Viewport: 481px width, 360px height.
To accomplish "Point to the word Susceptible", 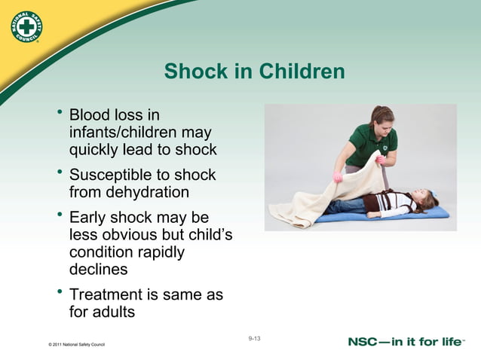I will point(111,175).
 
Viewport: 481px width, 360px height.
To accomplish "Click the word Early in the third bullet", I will point(90,218).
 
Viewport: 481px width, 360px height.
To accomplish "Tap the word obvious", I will point(136,235).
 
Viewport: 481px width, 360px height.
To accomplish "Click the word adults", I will point(115,311).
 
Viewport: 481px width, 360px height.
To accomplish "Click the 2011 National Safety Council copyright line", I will point(75,345).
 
